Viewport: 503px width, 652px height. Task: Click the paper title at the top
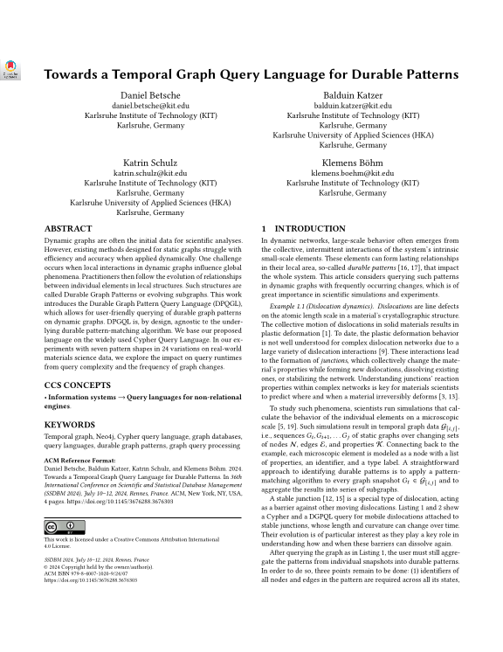coord(251,74)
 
